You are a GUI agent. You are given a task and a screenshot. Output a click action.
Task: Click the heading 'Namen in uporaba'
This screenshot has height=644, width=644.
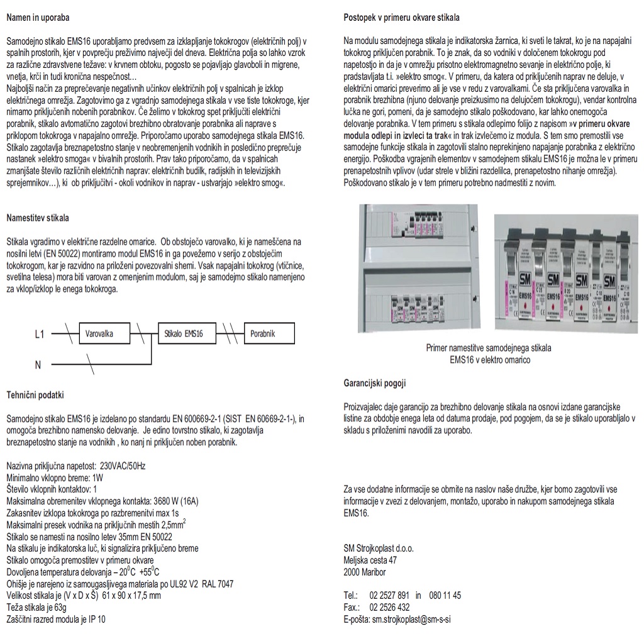pyautogui.click(x=38, y=17)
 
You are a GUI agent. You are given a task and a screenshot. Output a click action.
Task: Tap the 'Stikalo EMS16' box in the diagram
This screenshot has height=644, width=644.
pyautogui.click(x=184, y=334)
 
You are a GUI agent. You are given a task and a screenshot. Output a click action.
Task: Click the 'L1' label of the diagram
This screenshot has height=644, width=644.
pyautogui.click(x=40, y=335)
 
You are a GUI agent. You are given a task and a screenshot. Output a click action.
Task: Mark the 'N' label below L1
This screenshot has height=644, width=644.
pyautogui.click(x=38, y=364)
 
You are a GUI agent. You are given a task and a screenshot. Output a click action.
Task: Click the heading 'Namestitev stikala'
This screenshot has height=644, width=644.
pyautogui.click(x=38, y=218)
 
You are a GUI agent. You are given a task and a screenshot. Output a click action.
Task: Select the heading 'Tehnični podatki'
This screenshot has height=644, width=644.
pyautogui.click(x=35, y=395)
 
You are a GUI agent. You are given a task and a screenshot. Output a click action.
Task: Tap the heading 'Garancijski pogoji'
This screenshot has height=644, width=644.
pyautogui.click(x=375, y=382)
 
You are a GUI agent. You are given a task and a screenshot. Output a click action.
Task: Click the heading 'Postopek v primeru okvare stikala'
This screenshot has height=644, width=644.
pyautogui.click(x=401, y=18)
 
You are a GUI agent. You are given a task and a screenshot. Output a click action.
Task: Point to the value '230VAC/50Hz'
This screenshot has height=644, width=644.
pyautogui.click(x=123, y=466)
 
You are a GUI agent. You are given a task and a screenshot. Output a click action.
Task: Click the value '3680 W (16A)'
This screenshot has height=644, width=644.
pyautogui.click(x=176, y=501)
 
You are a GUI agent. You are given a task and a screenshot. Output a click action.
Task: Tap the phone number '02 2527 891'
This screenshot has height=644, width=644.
pyautogui.click(x=389, y=595)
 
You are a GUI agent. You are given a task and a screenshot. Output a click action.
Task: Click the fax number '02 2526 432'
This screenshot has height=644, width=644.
pyautogui.click(x=389, y=607)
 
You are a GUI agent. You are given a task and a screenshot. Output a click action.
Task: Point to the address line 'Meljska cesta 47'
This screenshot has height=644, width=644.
pyautogui.click(x=370, y=560)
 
